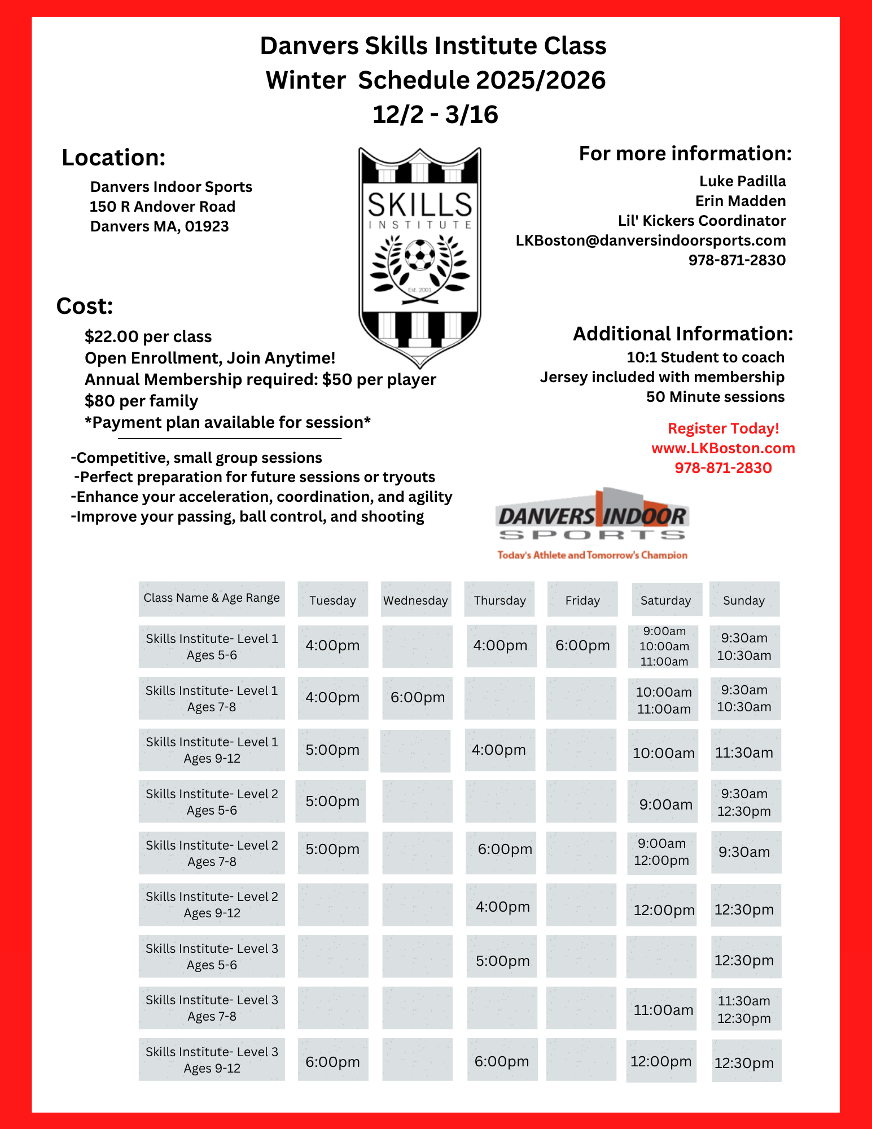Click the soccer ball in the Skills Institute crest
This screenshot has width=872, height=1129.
click(x=420, y=256)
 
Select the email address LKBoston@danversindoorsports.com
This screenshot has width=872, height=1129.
click(x=650, y=240)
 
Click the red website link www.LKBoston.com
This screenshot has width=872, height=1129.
click(x=723, y=448)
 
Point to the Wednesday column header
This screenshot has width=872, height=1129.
click(x=416, y=600)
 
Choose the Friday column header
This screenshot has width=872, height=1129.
click(x=582, y=600)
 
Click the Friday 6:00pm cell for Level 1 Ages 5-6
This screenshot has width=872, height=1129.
click(x=582, y=646)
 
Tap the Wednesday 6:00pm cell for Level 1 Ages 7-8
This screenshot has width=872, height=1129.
click(x=418, y=698)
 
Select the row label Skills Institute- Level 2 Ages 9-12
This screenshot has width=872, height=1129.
click(x=212, y=905)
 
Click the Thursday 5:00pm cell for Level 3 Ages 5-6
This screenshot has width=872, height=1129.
click(x=502, y=961)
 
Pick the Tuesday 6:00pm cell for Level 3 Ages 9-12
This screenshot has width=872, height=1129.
click(x=332, y=1062)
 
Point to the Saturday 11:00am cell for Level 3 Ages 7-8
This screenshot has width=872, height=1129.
click(x=663, y=1010)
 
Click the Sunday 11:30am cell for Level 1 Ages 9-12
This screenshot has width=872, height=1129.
click(x=744, y=752)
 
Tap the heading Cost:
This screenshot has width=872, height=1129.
click(x=85, y=306)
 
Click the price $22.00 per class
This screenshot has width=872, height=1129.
click(x=148, y=336)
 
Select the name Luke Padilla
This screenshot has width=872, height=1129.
click(x=742, y=181)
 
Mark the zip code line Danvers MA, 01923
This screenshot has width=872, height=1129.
click(x=159, y=226)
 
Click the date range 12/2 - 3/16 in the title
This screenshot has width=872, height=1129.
click(x=435, y=115)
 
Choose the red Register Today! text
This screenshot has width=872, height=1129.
click(x=723, y=428)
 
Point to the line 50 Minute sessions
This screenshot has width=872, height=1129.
click(x=715, y=397)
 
